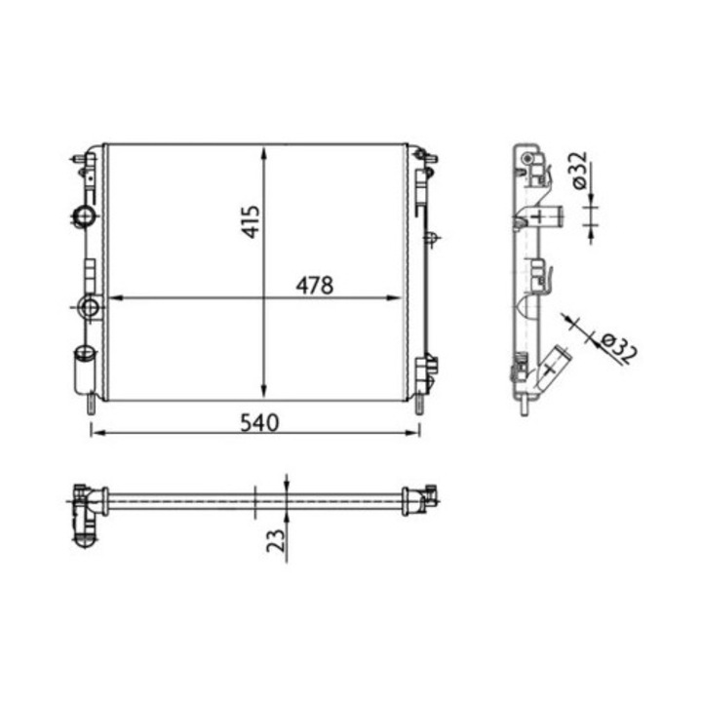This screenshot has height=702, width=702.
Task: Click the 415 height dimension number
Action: pos(251,222)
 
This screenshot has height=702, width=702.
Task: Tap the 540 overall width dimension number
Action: pos(259,422)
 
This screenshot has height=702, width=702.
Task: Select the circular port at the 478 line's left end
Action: pos(91,308)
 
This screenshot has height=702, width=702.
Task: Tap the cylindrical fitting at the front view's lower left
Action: pos(82,370)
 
